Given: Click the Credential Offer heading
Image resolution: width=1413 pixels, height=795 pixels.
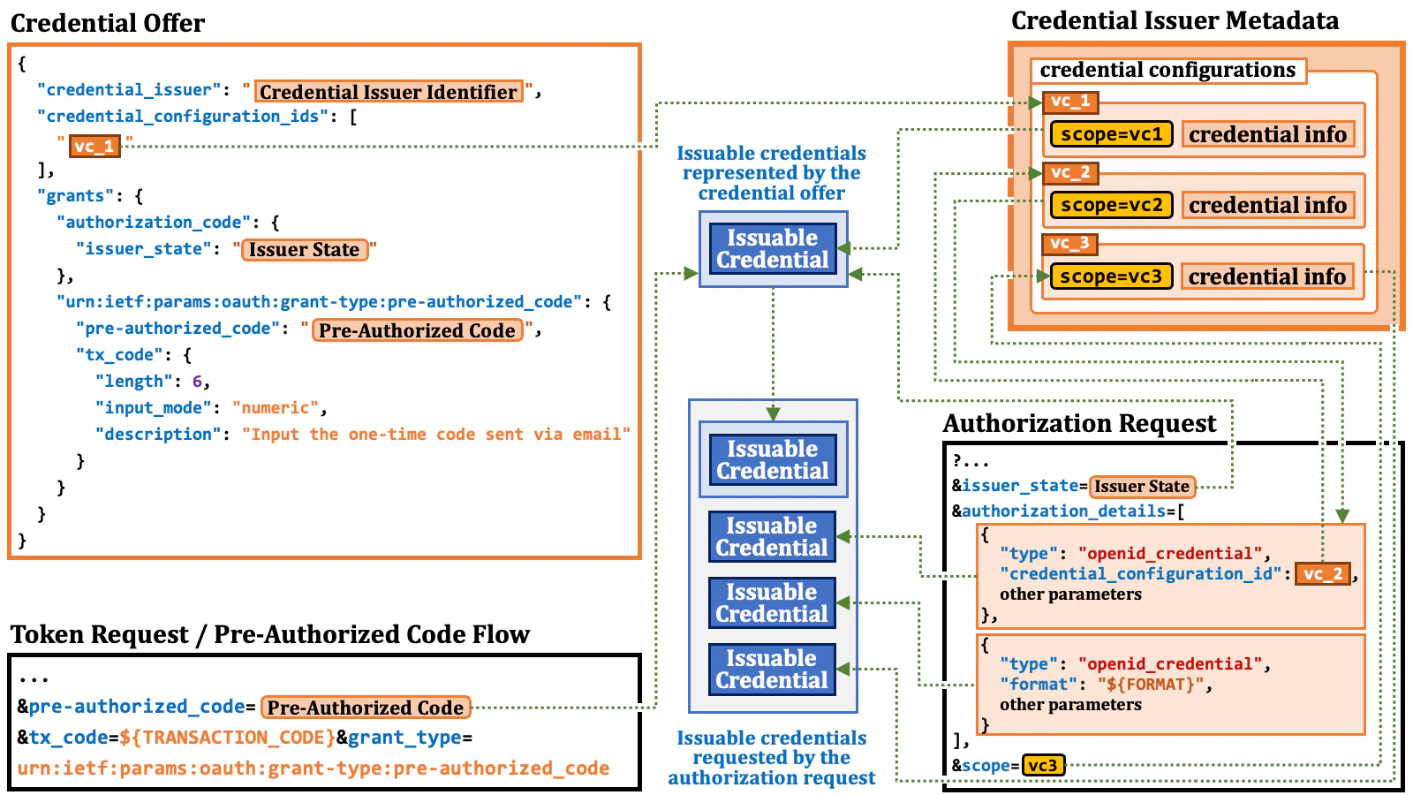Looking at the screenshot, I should tap(108, 23).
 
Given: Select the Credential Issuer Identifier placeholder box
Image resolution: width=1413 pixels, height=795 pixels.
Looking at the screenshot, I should tap(389, 92).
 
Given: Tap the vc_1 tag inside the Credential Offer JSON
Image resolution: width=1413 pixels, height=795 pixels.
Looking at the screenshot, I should tap(94, 146).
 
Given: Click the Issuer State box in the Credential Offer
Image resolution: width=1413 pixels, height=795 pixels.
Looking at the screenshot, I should tap(304, 250).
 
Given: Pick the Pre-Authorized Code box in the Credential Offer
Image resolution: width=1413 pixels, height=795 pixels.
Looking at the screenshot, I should tap(417, 330).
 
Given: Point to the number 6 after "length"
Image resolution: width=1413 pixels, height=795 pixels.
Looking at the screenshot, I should tap(197, 382).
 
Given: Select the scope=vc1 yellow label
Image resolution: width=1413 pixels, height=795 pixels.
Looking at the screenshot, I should tap(1111, 134).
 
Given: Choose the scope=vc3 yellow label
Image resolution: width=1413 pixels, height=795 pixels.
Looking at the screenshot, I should tap(1111, 276).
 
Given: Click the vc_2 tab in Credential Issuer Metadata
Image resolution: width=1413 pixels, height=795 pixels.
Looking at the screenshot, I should tap(1070, 172).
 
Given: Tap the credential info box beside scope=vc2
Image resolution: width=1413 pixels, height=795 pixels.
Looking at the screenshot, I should tap(1267, 205).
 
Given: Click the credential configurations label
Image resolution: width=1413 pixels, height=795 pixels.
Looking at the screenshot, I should tap(1167, 71).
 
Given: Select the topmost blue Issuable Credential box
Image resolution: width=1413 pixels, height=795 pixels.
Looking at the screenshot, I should tap(773, 249).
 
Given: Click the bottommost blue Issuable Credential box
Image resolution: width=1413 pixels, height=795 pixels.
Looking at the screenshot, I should tap(772, 670).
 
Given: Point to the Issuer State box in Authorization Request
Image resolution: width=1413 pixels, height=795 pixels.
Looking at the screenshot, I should tap(1141, 487).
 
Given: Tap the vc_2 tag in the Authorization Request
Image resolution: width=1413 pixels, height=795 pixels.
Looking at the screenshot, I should tap(1322, 574).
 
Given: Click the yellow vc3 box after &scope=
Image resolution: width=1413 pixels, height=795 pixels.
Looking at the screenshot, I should tap(1043, 765).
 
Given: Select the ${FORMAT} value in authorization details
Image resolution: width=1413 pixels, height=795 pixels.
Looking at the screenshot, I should tap(1151, 685).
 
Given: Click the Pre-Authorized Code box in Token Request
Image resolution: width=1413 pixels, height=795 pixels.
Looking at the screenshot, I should tap(366, 708).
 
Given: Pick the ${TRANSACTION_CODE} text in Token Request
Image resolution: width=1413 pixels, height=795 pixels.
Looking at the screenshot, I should tap(227, 738).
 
